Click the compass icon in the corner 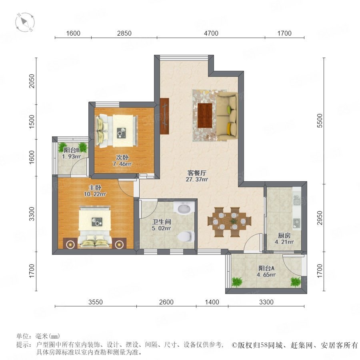[25, 22]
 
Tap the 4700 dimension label [211, 33]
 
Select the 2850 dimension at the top [124, 33]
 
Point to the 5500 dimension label [320, 121]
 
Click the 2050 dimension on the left [32, 81]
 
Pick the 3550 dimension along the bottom [96, 302]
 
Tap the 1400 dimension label [212, 302]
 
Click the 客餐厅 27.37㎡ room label [197, 176]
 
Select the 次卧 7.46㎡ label [122, 160]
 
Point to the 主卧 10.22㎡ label [95, 191]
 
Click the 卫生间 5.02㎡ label [162, 225]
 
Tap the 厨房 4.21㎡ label [284, 238]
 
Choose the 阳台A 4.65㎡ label [266, 271]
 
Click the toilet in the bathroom [186, 236]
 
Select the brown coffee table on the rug [205, 116]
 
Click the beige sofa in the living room [227, 116]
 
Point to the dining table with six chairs [229, 222]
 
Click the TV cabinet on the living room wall [164, 116]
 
